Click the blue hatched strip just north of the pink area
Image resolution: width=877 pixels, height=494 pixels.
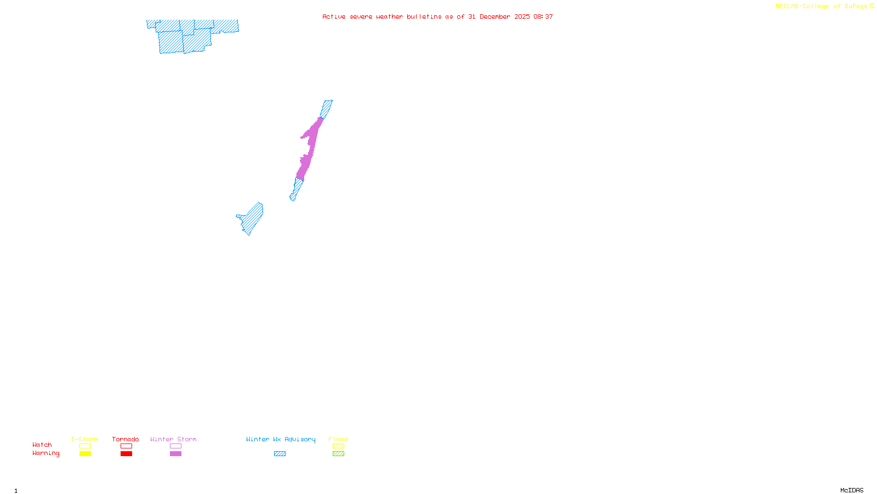326,109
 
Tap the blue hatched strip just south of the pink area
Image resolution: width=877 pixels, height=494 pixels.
296,189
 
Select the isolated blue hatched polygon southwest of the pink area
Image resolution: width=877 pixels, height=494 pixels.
252,219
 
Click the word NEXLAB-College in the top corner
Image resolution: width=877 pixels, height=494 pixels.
802,7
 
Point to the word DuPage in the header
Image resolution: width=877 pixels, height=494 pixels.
856,7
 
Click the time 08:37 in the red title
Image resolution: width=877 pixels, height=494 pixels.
543,17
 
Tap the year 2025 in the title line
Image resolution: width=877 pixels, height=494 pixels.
522,17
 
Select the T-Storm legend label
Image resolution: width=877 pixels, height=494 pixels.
84,439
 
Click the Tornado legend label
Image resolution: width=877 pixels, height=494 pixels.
126,439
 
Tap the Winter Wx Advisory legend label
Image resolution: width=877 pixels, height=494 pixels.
281,439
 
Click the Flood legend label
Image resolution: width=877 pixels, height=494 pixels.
338,439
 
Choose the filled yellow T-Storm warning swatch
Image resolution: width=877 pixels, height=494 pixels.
85,454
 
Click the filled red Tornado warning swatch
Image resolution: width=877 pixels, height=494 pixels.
126,454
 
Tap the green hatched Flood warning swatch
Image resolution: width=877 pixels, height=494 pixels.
338,454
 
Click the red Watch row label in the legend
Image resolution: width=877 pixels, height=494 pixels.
42,445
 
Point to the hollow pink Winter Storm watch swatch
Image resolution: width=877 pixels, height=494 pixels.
175,446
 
